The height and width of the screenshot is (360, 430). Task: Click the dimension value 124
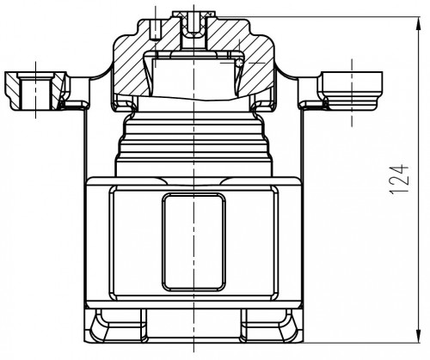click(x=399, y=180)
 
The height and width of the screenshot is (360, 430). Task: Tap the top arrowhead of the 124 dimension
click(x=418, y=23)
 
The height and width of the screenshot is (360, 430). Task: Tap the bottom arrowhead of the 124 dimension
click(x=418, y=336)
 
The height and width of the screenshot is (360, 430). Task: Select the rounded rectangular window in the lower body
click(x=193, y=242)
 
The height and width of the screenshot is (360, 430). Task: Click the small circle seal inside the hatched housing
click(x=239, y=63)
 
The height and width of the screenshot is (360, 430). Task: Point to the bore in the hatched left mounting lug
click(x=36, y=91)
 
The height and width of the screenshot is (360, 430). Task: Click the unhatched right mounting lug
click(x=350, y=90)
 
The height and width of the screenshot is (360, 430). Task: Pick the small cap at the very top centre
click(x=193, y=14)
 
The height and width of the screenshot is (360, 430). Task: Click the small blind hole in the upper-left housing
click(x=156, y=30)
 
